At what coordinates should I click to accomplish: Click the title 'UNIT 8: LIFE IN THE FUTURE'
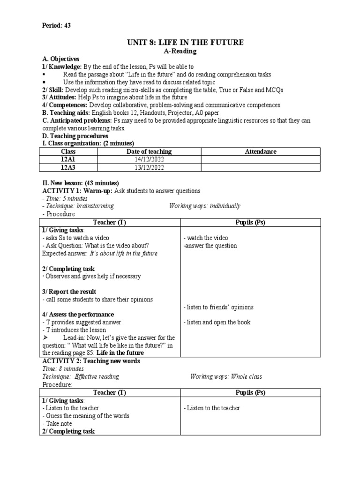(x=186, y=43)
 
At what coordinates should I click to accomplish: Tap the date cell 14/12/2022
(x=149, y=159)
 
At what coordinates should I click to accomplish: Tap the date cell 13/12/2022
(x=149, y=167)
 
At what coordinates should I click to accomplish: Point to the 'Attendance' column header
(x=261, y=151)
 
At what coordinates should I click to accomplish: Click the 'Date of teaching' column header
(x=149, y=151)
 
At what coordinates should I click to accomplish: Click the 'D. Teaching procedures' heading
(x=75, y=136)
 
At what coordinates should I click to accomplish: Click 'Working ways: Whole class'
(x=226, y=376)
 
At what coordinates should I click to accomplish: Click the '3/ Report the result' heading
(x=69, y=292)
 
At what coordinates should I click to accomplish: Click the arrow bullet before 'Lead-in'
(x=45, y=337)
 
